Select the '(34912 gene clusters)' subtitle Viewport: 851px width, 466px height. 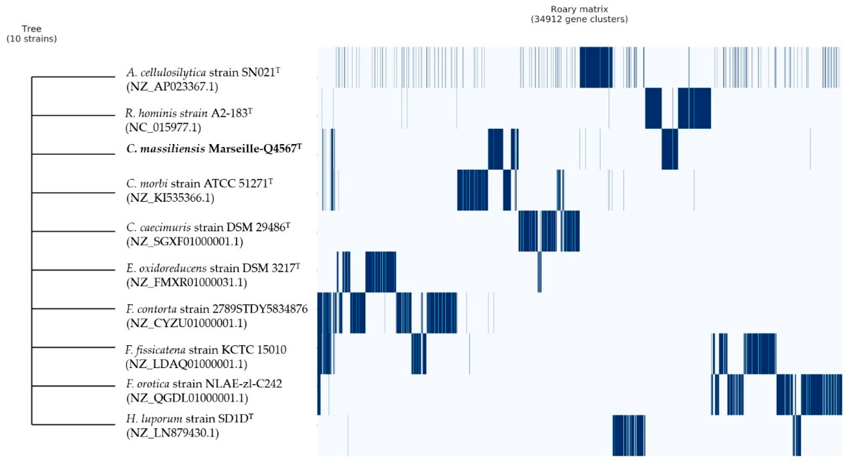click(579, 19)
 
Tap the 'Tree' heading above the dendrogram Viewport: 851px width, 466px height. click(31, 29)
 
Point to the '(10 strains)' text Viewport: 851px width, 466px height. click(31, 39)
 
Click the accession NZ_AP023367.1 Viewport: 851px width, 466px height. click(172, 87)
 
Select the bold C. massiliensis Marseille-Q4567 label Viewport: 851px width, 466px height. click(214, 149)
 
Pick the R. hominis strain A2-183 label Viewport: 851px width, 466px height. click(188, 113)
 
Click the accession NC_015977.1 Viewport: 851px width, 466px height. click(163, 128)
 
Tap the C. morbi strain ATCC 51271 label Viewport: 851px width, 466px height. click(199, 183)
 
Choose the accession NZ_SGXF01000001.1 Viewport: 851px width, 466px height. click(184, 242)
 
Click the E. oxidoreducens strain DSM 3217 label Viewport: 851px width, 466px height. click(213, 268)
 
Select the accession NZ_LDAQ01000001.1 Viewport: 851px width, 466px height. click(186, 364)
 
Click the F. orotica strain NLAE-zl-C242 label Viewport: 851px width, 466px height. click(204, 384)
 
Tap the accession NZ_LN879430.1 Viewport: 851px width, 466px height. click(172, 433)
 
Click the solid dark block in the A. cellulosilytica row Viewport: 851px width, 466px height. click(596, 67)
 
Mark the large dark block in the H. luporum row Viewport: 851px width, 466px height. click(628, 435)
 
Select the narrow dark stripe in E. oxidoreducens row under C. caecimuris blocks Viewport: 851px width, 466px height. click(539, 272)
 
